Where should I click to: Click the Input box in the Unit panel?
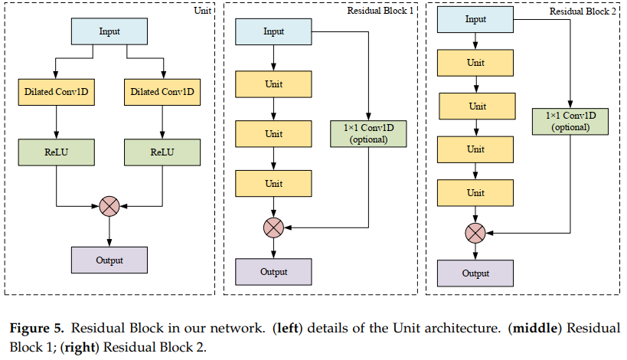tap(109, 31)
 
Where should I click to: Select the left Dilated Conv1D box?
tap(56, 93)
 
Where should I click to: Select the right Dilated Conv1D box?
tap(162, 93)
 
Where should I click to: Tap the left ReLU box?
tap(56, 152)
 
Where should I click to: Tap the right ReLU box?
tap(162, 152)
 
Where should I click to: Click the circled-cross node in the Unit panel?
tap(109, 205)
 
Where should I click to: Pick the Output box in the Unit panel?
tap(109, 260)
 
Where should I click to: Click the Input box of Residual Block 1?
tap(273, 31)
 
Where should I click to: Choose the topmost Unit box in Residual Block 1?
tap(273, 83)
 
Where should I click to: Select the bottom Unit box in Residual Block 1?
tap(273, 184)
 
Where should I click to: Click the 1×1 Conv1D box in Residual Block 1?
tap(368, 133)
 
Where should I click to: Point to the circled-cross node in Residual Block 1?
tap(273, 227)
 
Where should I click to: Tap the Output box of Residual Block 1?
tap(273, 272)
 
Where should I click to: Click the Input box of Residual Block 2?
tap(475, 19)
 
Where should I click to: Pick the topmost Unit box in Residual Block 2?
tap(475, 63)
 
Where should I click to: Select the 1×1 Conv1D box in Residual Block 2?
tap(570, 121)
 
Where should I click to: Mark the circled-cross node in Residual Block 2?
tap(475, 232)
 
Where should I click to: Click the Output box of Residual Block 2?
tap(475, 273)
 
